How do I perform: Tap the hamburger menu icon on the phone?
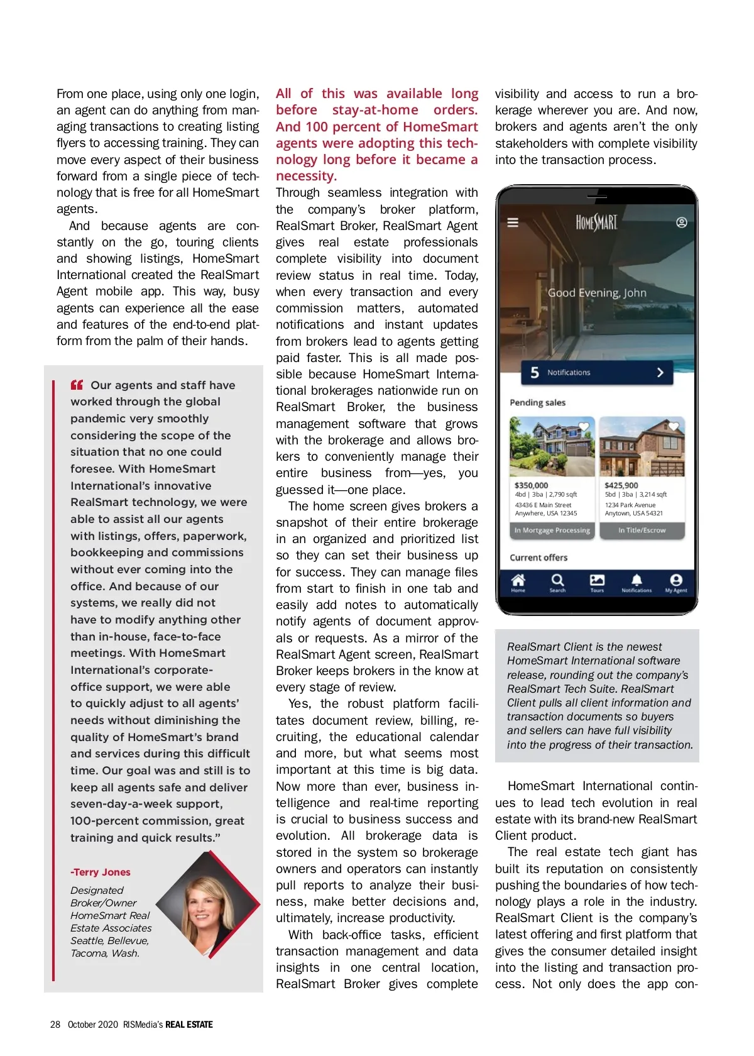tap(513, 223)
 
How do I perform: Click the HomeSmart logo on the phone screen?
tap(596, 223)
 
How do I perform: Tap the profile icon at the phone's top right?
tap(681, 223)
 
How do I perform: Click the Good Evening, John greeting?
tap(596, 293)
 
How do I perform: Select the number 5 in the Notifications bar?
tap(535, 373)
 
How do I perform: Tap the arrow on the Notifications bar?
tap(660, 373)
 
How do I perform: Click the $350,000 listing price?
tap(531, 485)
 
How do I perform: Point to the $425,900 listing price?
tap(621, 485)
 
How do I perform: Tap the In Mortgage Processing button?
tap(552, 531)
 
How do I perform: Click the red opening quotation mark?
tap(77, 385)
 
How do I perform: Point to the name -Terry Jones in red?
tap(101, 872)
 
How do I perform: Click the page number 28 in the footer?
tap(55, 1025)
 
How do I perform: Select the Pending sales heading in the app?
tap(537, 403)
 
